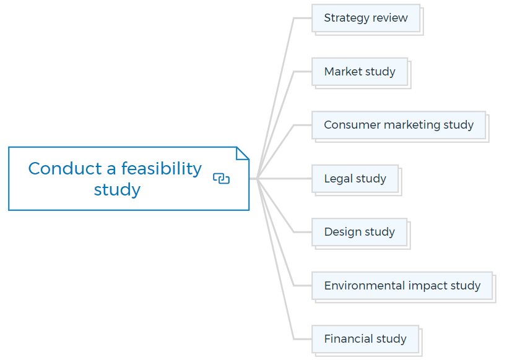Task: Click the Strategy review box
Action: (366, 18)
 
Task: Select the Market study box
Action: (360, 72)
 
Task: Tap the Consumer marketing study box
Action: (399, 125)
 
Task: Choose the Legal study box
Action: (355, 179)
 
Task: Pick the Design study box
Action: (359, 232)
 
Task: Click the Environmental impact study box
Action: (402, 286)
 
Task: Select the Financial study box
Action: (365, 339)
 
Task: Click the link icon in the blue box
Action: (221, 178)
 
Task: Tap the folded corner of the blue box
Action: (243, 153)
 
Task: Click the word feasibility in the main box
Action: (162, 169)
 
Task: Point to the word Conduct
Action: (65, 169)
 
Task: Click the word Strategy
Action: (346, 19)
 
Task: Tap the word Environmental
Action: (365, 286)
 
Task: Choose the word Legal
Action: (338, 179)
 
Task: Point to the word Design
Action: (343, 233)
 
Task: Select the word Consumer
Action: (352, 125)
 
